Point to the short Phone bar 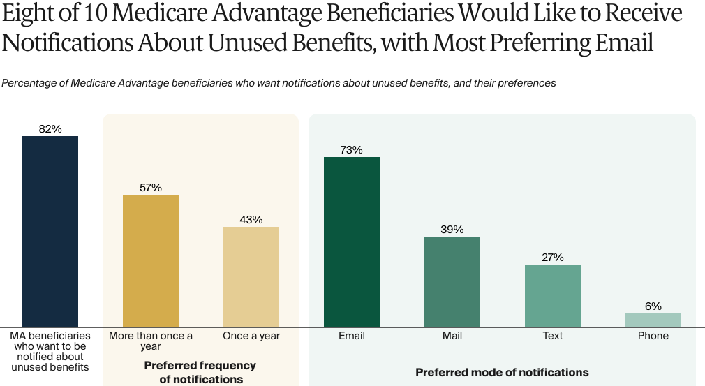tap(653, 320)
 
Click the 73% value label tap(352, 149)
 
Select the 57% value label tap(151, 187)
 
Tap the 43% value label tap(251, 219)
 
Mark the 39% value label tap(452, 229)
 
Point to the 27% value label tap(553, 257)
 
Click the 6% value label tap(653, 306)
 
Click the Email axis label tap(352, 336)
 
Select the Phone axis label tap(653, 336)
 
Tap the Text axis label tap(553, 336)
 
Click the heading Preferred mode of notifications tap(502, 372)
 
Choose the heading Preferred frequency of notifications tap(200, 372)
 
